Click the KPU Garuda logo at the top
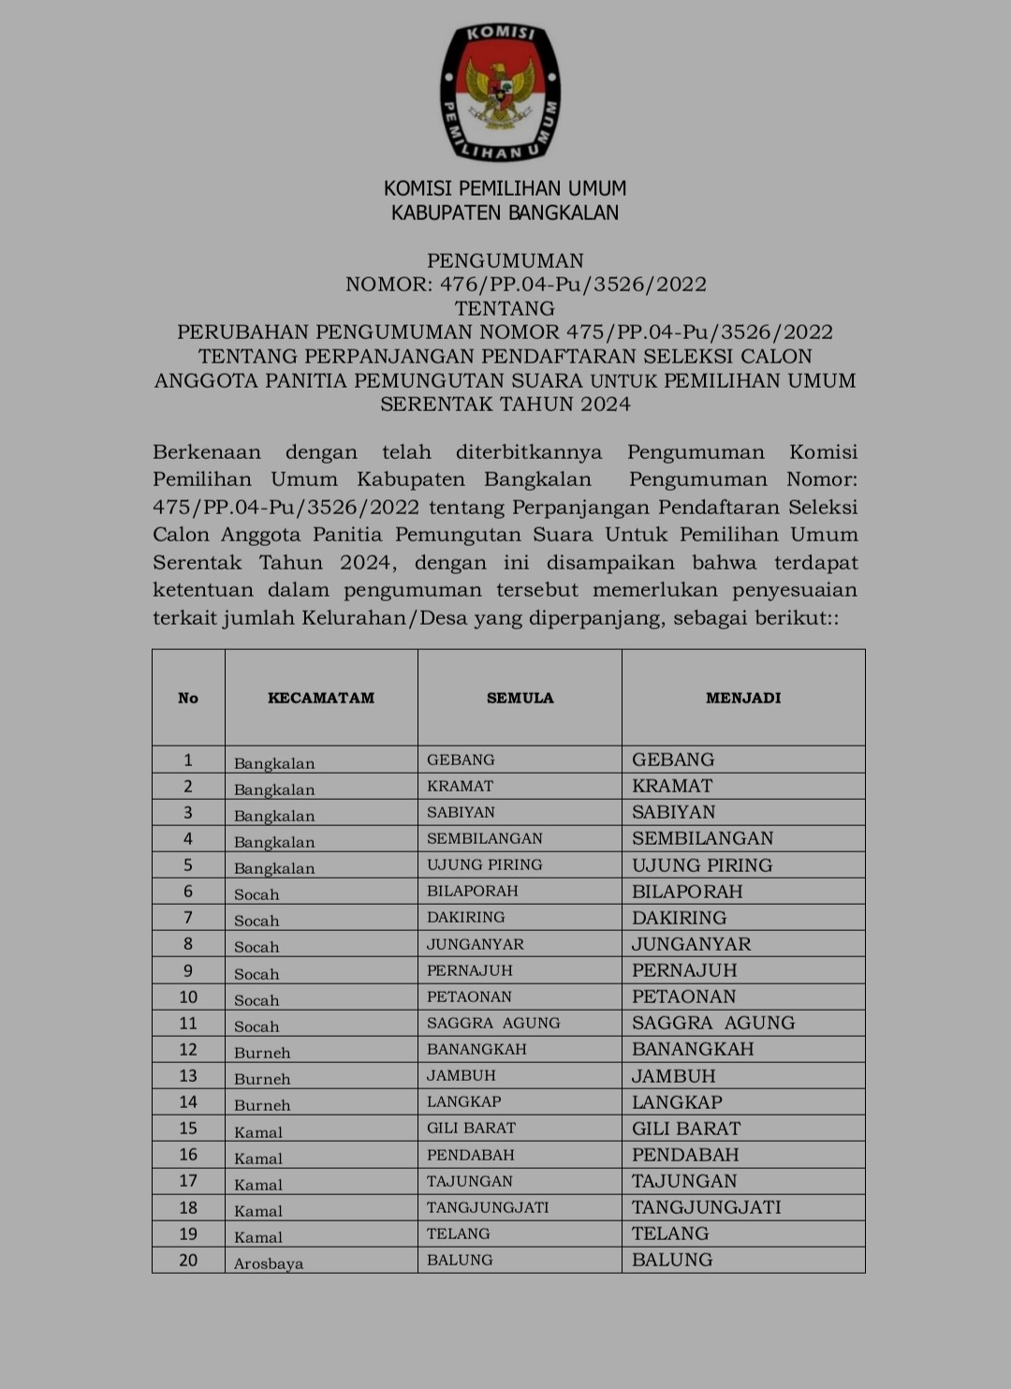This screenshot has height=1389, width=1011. click(501, 93)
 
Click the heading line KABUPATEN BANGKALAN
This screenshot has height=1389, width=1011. click(505, 214)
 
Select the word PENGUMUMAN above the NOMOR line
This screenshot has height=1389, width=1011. click(505, 260)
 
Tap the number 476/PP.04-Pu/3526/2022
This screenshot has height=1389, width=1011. click(573, 285)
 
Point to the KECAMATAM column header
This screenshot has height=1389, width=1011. click(321, 698)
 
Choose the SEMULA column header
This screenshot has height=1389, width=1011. click(520, 698)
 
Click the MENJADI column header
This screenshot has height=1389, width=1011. click(743, 698)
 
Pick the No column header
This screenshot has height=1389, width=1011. click(188, 698)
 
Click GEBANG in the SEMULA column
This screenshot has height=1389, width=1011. click(461, 760)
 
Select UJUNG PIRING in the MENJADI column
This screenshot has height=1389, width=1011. click(702, 865)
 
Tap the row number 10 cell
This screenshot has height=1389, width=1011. click(188, 997)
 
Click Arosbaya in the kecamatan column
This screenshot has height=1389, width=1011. click(269, 1263)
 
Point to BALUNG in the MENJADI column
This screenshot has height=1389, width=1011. click(672, 1260)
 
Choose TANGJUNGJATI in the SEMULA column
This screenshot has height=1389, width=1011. click(488, 1207)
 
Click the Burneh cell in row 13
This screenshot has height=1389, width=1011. click(262, 1079)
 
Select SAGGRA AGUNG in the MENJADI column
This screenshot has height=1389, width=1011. click(713, 1023)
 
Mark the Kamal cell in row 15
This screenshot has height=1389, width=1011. click(258, 1131)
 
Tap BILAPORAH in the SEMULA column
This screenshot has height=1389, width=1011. click(473, 891)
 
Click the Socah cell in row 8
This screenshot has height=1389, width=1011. click(256, 947)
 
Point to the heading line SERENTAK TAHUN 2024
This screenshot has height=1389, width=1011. click(505, 405)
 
